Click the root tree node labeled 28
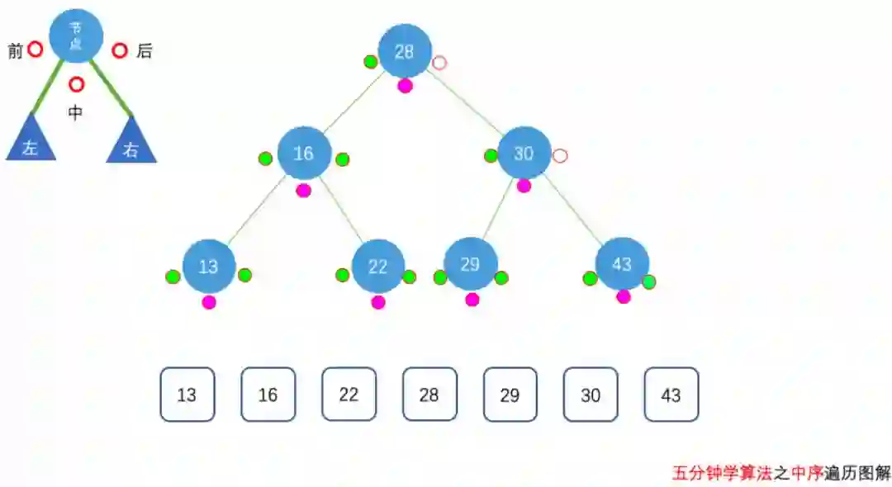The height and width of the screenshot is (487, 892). pos(405,51)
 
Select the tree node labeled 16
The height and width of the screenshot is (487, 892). pos(304,154)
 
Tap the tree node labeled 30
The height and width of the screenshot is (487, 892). pos(524,154)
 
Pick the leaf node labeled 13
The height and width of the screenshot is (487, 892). pos(209,266)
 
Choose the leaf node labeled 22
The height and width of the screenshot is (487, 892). pos(377,266)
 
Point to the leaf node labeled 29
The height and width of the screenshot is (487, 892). pos(470,264)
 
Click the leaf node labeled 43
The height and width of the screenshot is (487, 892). pos(622,264)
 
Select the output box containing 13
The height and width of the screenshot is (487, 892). pos(187,395)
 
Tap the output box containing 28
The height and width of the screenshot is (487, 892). pos(429,395)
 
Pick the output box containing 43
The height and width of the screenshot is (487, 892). pos(671,395)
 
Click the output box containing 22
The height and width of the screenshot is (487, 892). pos(349,395)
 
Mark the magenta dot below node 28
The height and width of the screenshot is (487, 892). pos(405,86)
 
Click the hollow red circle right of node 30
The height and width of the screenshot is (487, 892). pos(560,155)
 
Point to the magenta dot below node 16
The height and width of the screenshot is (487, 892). pos(304,191)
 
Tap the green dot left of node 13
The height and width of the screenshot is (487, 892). pos(173,277)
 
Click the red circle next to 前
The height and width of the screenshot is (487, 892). pos(35,50)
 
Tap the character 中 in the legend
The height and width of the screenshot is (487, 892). pos(75,113)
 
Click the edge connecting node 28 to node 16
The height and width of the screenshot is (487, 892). pos(353,103)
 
